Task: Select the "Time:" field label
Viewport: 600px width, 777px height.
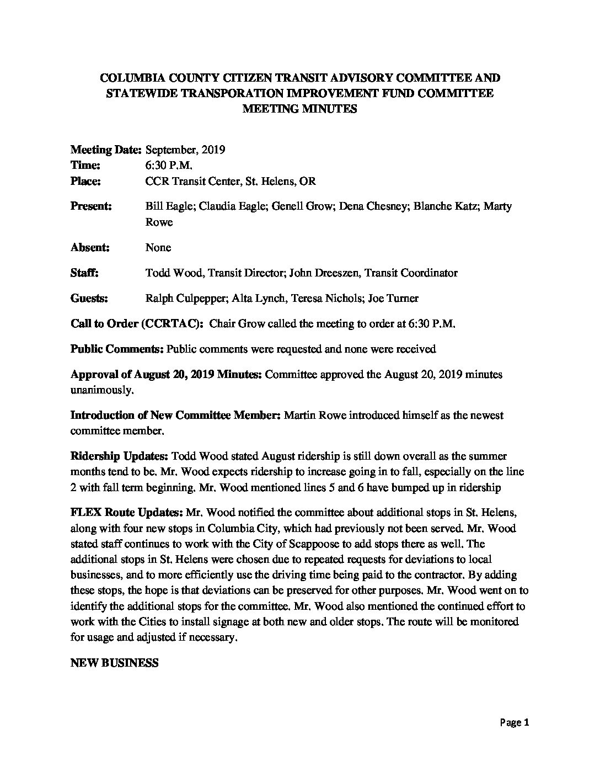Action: [x=85, y=165]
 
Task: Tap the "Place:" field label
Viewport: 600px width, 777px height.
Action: [x=85, y=181]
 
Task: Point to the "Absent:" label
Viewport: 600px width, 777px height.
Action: [x=90, y=247]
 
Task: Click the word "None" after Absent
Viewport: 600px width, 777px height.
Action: [x=158, y=247]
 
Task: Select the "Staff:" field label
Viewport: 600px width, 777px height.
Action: [x=84, y=273]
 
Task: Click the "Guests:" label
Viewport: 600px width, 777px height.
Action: [x=89, y=298]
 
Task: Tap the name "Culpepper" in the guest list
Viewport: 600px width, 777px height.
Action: [x=197, y=298]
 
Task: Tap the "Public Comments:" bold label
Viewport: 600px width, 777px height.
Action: [x=116, y=349]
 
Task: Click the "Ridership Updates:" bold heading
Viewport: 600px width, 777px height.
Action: [x=120, y=456]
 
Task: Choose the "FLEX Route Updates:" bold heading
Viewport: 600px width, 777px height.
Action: [x=127, y=513]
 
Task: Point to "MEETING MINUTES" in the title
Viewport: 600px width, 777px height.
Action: [x=299, y=109]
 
